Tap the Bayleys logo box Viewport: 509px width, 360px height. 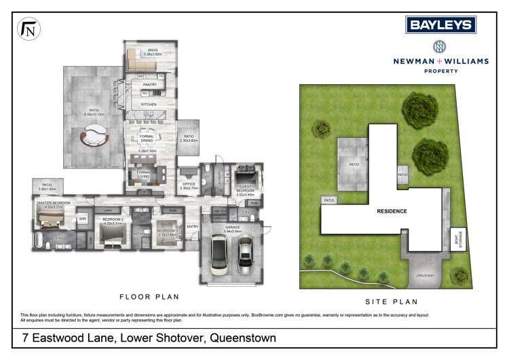[x=440, y=25]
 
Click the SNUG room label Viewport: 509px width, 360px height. [x=153, y=49]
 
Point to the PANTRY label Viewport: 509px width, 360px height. [x=150, y=85]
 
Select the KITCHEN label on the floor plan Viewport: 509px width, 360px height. [x=149, y=105]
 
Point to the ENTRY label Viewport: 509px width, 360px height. [x=193, y=226]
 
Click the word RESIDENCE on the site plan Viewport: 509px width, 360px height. [x=392, y=211]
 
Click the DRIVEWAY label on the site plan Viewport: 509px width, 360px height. [x=425, y=276]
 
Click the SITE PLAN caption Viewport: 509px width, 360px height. [x=392, y=301]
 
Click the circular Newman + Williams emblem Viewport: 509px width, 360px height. [x=440, y=48]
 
